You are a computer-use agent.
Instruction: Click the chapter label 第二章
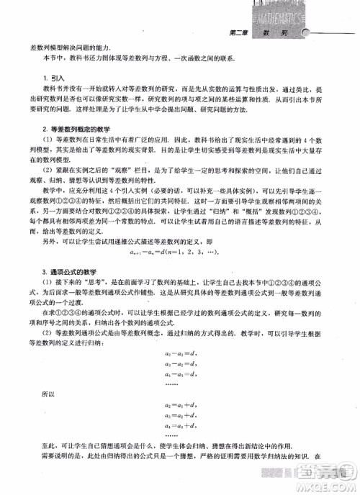(x=238, y=33)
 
